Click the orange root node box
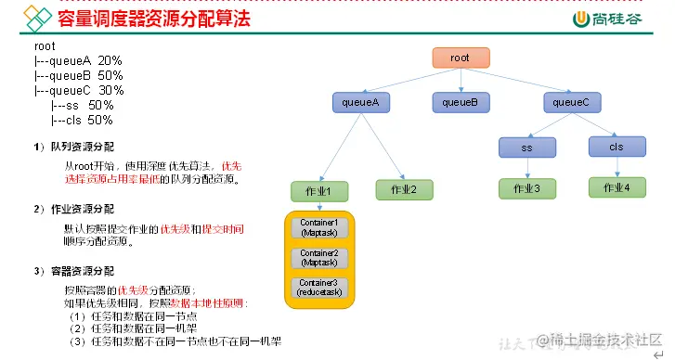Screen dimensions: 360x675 tap(460, 58)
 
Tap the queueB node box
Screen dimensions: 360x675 tap(460, 102)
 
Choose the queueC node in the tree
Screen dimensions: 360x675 tap(571, 102)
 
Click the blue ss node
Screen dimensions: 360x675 tap(526, 147)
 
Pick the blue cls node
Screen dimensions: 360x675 tap(616, 147)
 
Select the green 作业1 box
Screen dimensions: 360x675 tap(318, 189)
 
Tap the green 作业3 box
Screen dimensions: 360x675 tap(526, 188)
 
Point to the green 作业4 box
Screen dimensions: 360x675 tap(617, 186)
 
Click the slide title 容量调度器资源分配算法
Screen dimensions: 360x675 tap(154, 18)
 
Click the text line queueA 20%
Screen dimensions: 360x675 tap(80, 60)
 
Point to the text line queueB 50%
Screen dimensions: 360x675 tap(80, 75)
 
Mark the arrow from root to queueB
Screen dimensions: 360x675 tap(460, 80)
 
